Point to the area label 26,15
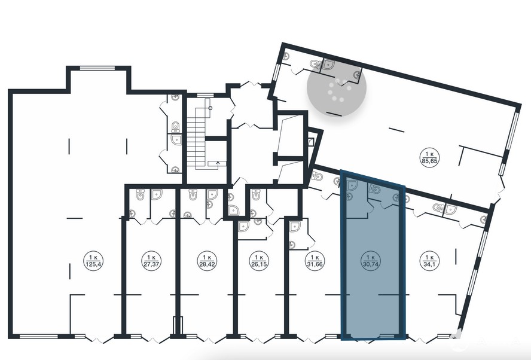pos(259,264)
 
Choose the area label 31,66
pos(315,264)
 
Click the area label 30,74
pos(370,264)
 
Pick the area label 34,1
pos(429,264)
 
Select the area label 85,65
pos(430,161)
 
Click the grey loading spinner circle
pos(337,87)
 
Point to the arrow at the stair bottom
pos(218,163)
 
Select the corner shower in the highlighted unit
pos(352,185)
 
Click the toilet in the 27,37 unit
pos(140,194)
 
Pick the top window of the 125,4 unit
pos(97,68)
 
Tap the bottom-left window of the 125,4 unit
pos(39,336)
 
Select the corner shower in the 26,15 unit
pos(243,226)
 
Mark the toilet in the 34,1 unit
pos(438,208)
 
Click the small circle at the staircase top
pos(210,108)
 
